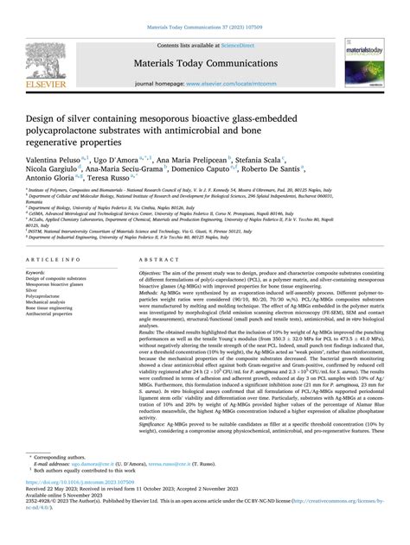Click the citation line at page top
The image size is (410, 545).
(x=205, y=27)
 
